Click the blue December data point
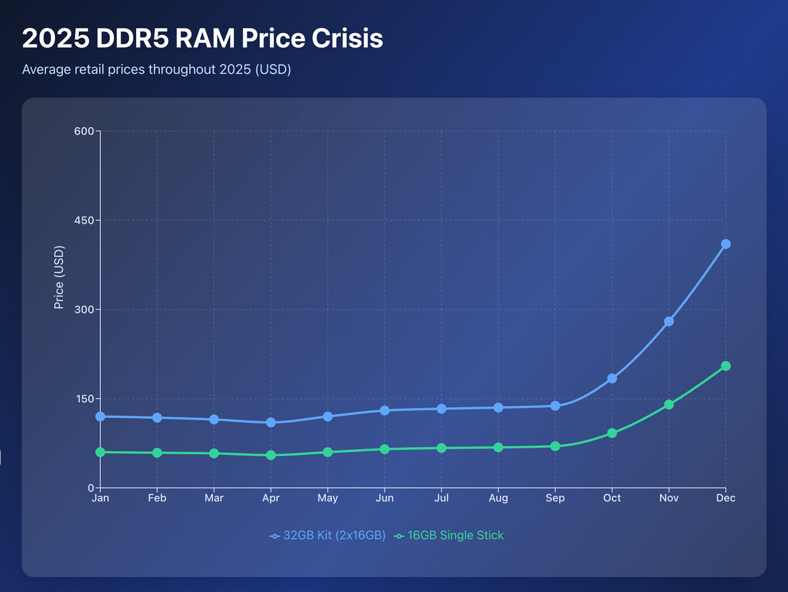click(726, 244)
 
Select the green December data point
click(726, 366)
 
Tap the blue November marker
click(669, 322)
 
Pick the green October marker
click(612, 433)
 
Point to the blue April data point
click(271, 423)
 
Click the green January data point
click(100, 452)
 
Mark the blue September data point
click(555, 406)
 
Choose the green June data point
click(385, 449)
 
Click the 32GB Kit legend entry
click(328, 535)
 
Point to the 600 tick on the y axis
click(84, 131)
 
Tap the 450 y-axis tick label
click(84, 220)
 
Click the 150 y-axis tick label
click(84, 399)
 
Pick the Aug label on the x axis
click(498, 498)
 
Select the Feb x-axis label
click(157, 498)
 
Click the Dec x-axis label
click(726, 498)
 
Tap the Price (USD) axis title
click(59, 277)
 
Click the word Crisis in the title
click(347, 38)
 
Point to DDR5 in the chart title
click(132, 38)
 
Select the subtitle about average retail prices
click(156, 69)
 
